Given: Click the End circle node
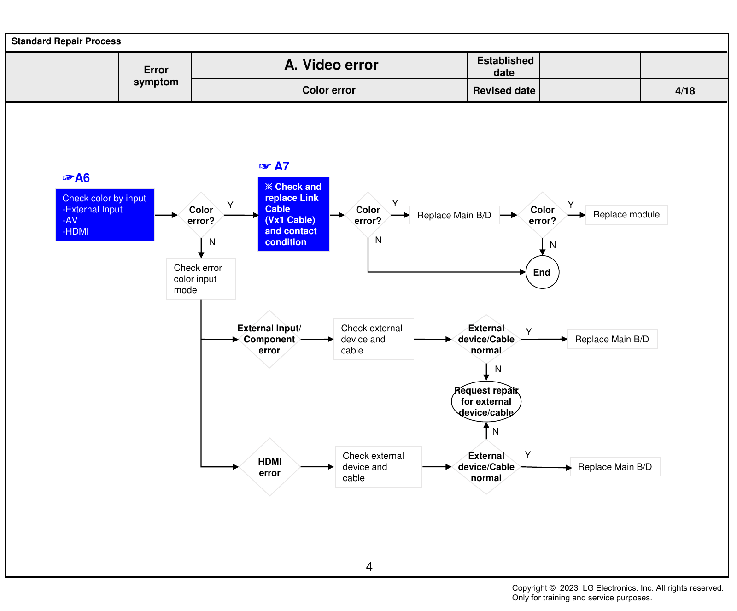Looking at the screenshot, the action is tap(542, 272).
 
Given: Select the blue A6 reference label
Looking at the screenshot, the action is tap(76, 178).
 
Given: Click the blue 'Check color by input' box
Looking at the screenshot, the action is tap(105, 215).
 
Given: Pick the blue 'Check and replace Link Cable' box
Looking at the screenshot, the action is tap(293, 214).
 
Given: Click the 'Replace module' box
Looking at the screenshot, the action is tap(626, 215).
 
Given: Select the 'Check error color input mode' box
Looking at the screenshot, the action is tap(201, 279).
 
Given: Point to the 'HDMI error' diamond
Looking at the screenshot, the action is tap(269, 467).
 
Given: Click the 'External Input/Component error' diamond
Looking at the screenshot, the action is tap(269, 339).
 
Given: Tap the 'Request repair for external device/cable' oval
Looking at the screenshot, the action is tap(486, 401).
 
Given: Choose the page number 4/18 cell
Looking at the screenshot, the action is tap(684, 90).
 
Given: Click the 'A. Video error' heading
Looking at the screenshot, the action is tap(331, 65).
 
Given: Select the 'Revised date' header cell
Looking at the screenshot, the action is tap(504, 90).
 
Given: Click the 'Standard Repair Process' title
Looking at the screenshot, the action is tap(66, 41).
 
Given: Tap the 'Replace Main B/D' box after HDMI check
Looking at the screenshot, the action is tap(615, 467).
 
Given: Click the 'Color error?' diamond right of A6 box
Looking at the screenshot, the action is tap(201, 215).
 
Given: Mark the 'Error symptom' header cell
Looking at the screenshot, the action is tap(156, 76).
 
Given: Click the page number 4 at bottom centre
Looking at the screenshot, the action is tap(369, 566).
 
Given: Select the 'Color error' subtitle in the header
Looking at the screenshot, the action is tap(329, 90).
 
